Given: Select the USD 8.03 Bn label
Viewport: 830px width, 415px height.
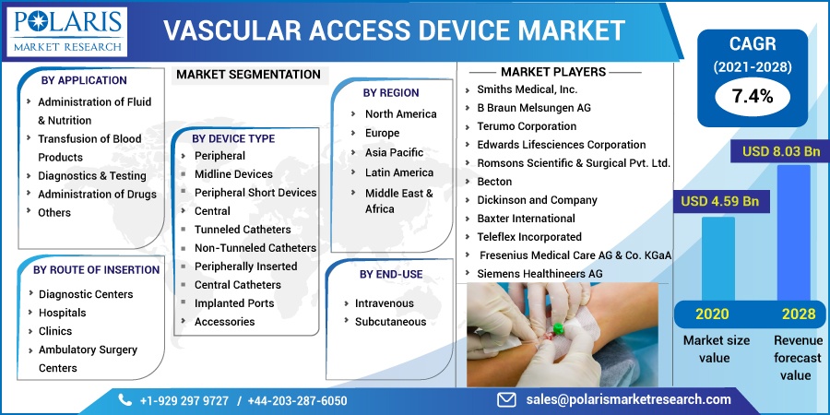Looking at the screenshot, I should coord(780,151).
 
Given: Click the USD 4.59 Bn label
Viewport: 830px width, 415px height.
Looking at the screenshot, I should coord(719,201).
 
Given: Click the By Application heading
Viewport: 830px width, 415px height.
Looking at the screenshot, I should coord(85,80).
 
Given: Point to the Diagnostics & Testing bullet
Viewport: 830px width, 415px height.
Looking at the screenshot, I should coord(91,175).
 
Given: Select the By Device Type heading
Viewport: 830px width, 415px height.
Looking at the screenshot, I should coord(233,138).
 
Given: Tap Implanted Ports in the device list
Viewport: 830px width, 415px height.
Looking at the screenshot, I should coord(233,303).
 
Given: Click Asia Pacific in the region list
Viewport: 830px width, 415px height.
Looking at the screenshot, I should coord(394,152).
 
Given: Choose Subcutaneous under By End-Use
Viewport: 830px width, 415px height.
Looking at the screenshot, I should coord(390,322).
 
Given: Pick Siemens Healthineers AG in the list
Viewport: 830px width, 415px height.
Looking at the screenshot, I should coord(539,274).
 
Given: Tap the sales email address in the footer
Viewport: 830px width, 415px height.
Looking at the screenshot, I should coord(629,399).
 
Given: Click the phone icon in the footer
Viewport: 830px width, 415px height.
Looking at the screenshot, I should coord(125,399).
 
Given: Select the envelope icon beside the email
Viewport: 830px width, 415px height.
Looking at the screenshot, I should coord(506,399).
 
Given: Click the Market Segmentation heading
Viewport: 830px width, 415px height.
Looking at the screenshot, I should coord(248,74).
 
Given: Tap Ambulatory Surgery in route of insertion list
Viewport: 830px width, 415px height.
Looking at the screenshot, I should coord(88,350).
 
